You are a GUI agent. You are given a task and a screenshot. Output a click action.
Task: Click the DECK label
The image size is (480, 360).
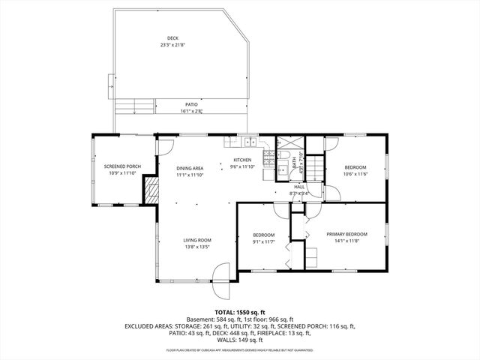[173, 37]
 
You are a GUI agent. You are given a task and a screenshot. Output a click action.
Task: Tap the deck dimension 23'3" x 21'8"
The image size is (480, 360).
[173, 45]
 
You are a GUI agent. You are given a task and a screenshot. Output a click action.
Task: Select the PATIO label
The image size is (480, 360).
[192, 104]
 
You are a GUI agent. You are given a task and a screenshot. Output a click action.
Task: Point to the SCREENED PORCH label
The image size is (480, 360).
[122, 166]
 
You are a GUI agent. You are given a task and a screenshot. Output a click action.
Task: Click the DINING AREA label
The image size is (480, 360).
[190, 168]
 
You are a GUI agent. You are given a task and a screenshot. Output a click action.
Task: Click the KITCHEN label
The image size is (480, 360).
[242, 160]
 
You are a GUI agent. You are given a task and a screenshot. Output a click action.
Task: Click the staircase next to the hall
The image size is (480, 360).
[315, 167]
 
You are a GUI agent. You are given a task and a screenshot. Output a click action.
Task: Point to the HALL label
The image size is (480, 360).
[299, 187]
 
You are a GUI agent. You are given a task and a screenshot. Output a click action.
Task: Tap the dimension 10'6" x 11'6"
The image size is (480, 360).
[355, 173]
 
